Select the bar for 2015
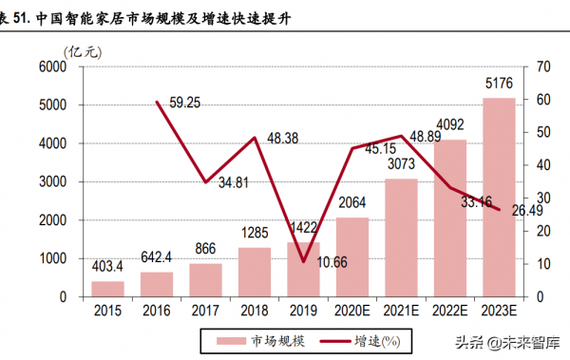[107, 289]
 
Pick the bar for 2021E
[401, 237]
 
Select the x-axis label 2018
[254, 311]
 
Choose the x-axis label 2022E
[449, 311]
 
